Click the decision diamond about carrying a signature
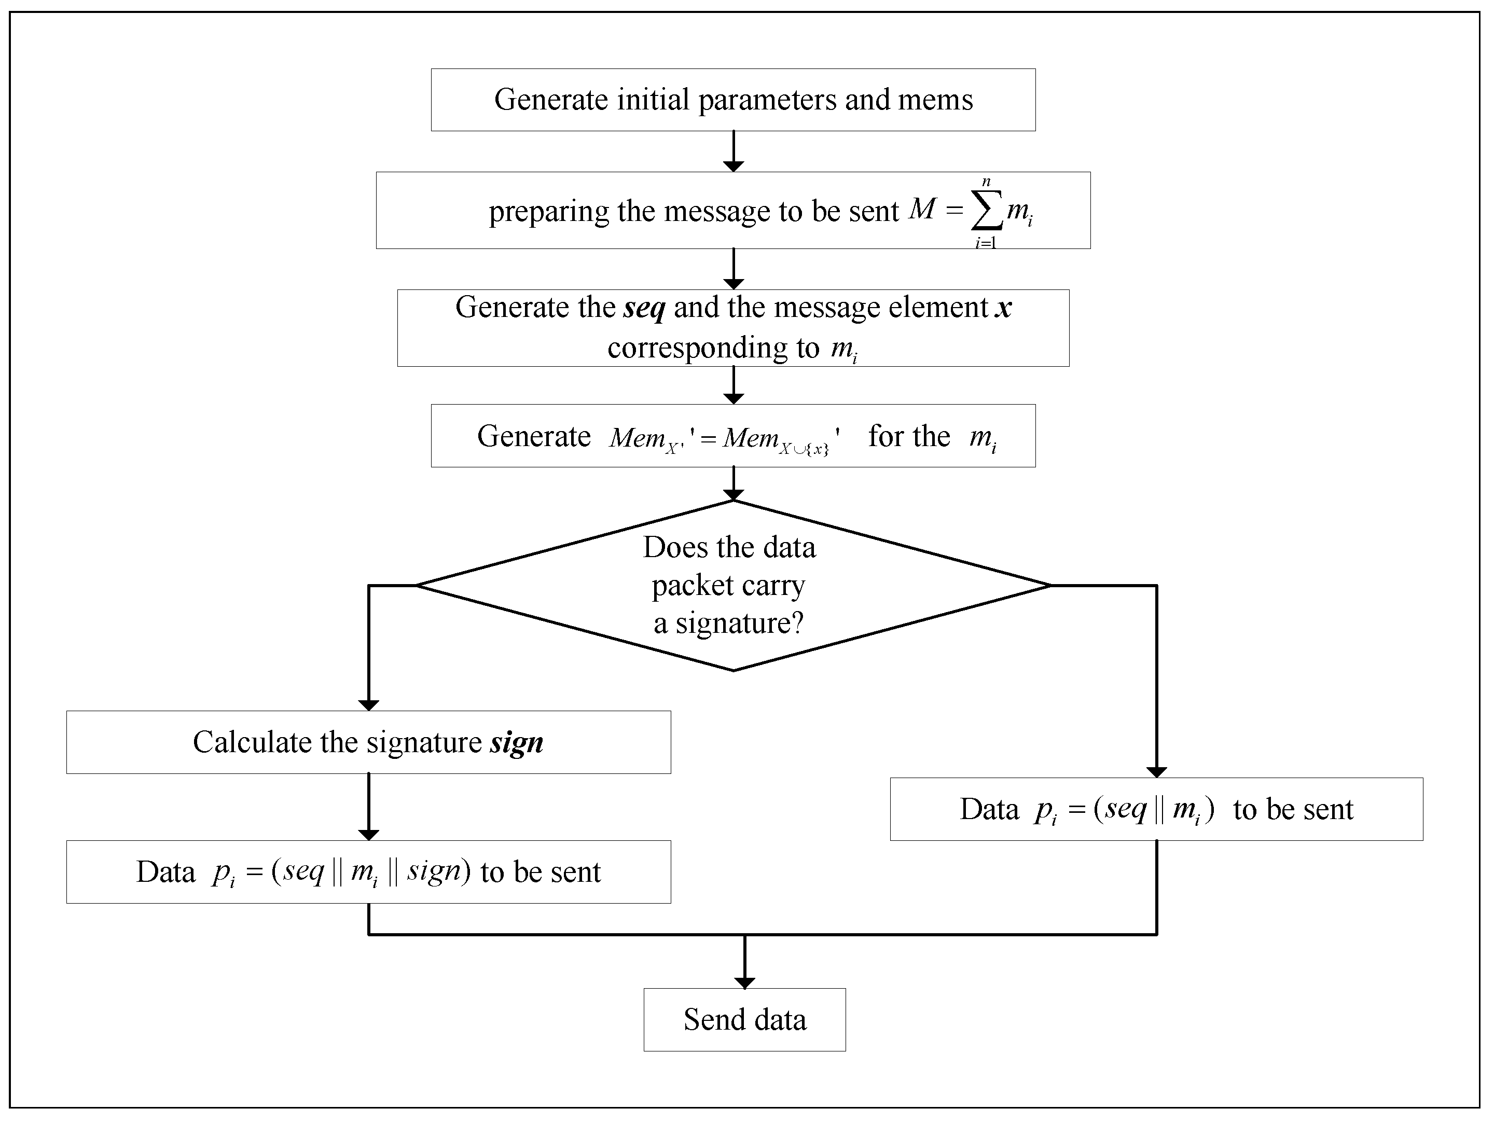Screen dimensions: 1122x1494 (733, 586)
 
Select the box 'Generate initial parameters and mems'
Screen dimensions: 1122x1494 (733, 99)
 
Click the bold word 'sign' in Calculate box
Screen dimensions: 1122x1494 (516, 743)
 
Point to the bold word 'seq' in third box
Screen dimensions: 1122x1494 (644, 308)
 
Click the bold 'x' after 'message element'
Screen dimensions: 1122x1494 (1004, 308)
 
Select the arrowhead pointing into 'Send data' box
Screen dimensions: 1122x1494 (744, 983)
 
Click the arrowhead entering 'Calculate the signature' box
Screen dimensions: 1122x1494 (368, 704)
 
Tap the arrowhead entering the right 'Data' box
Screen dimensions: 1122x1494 (1156, 771)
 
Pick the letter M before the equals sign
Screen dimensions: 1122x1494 (922, 210)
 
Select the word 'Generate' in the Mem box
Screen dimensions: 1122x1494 (534, 436)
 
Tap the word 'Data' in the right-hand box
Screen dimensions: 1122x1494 (989, 809)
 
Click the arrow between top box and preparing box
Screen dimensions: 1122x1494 (733, 151)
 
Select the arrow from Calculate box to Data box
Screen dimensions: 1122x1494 (368, 807)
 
